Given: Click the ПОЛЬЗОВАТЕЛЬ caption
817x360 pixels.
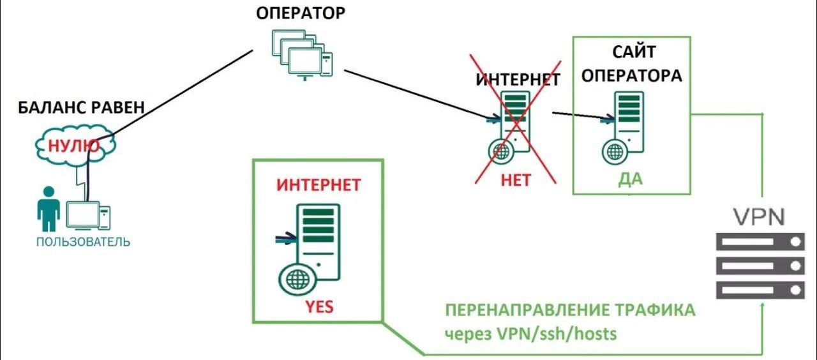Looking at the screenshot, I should pos(83,242).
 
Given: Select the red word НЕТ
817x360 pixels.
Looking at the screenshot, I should pos(516,180).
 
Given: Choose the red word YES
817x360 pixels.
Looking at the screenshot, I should pos(319,307).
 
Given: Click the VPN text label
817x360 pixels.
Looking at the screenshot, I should pos(758,216).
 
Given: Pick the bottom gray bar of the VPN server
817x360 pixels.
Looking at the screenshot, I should pos(758,290).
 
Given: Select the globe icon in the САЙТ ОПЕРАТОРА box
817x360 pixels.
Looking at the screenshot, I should pos(614,152).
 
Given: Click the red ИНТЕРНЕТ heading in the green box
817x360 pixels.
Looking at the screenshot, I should pos(319,185).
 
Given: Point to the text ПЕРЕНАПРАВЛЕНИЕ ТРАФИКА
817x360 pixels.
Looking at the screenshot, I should pos(569,311).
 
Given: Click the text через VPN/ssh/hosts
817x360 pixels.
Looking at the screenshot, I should pos(531,333).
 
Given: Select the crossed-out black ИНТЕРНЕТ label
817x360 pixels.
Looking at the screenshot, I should pos(518,80).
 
